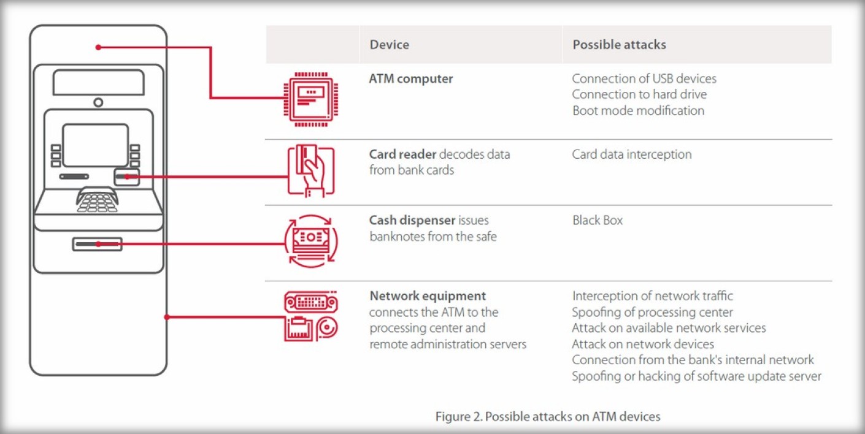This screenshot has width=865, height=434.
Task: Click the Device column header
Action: pos(389,45)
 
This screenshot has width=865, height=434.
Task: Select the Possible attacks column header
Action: pos(619,45)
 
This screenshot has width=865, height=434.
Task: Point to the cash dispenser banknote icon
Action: pos(311,240)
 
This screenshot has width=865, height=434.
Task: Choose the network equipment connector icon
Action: pos(311,316)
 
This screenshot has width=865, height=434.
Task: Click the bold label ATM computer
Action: pos(411,79)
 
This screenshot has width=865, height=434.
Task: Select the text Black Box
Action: pos(597,221)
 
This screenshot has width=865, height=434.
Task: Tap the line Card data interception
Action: pos(631,154)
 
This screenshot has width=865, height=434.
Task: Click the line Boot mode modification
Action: pos(638,111)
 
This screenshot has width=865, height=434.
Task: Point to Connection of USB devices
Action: pos(644,79)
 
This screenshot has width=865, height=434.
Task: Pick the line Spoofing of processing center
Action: pos(652,312)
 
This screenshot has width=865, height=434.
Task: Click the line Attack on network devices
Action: pos(643,344)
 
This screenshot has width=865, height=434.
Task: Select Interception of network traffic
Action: pos(652,296)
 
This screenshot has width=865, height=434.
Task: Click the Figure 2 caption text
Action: pos(548,417)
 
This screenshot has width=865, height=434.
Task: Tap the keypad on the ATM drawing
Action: pos(97,201)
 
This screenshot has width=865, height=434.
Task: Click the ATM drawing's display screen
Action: pos(96,145)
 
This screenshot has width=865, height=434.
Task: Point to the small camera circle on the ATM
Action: pos(98,102)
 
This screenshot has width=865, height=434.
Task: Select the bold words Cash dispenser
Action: pos(412,221)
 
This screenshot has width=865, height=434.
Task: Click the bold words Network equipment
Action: pos(428,296)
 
